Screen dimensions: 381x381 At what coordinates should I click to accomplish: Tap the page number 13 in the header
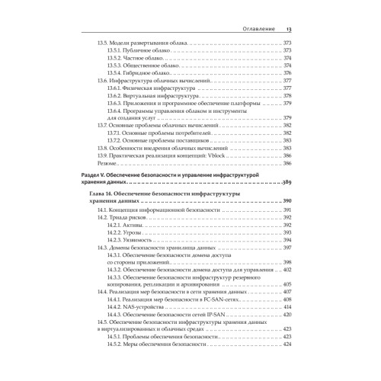pos(288,30)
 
